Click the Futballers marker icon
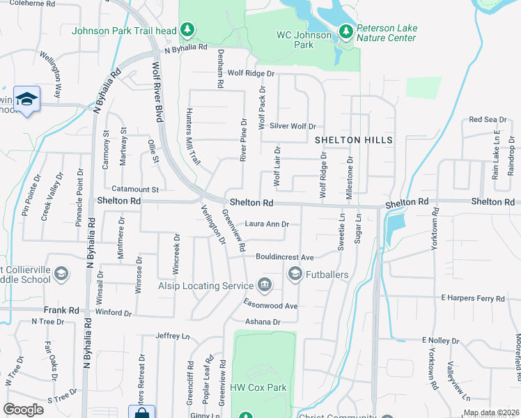pyautogui.click(x=295, y=274)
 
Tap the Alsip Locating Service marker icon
pyautogui.click(x=264, y=284)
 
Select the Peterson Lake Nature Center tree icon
pyautogui.click(x=346, y=31)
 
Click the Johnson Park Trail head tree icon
pyautogui.click(x=187, y=29)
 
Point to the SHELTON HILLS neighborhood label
pyautogui.click(x=354, y=140)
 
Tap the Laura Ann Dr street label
pyautogui.click(x=265, y=224)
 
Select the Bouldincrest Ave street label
pyautogui.click(x=285, y=256)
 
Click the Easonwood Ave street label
pyautogui.click(x=270, y=306)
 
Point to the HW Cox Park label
pyautogui.click(x=258, y=387)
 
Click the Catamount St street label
pyautogui.click(x=136, y=189)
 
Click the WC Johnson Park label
pyautogui.click(x=304, y=40)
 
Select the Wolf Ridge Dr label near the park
pyautogui.click(x=251, y=72)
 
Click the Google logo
pyautogui.click(x=24, y=409)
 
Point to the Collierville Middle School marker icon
pyautogui.click(x=61, y=274)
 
